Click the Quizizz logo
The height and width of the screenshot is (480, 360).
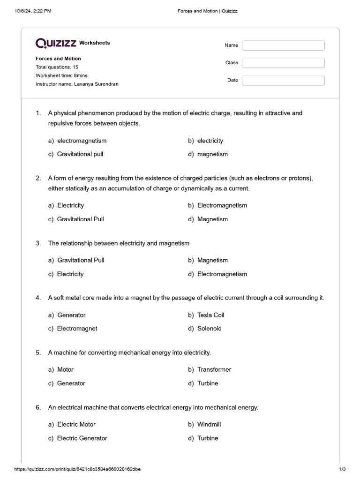point(56,43)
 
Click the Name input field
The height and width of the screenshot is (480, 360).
point(283,45)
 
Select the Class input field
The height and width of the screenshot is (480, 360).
point(283,63)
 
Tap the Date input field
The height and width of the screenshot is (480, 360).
point(283,80)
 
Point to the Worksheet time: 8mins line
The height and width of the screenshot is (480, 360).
point(61,75)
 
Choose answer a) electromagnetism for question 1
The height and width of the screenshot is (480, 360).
point(77,141)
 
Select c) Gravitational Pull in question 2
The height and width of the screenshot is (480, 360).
point(76,219)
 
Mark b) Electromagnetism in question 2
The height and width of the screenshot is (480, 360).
point(217,205)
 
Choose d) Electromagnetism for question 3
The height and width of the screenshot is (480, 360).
point(217,274)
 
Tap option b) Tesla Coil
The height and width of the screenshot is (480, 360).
point(206,315)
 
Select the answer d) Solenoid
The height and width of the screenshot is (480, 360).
point(205,329)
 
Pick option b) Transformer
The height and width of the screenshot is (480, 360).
point(210,369)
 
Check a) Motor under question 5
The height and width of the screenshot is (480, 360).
point(61,369)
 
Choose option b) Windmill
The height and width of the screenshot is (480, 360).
point(204,424)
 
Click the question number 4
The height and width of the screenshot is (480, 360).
point(38,298)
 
